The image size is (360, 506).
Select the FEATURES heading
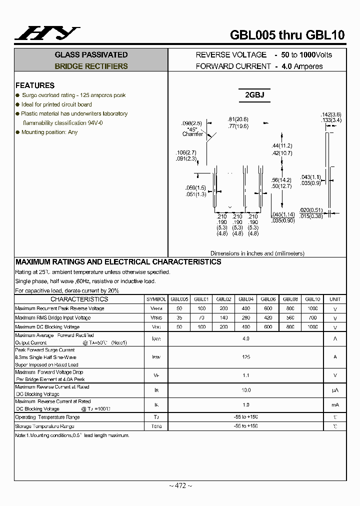(34, 85)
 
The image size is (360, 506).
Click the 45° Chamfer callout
(192, 131)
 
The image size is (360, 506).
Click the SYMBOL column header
(156, 299)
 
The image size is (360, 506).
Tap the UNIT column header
(335, 299)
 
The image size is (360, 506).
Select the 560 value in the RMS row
(290, 317)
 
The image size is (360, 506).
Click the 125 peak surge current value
(245, 357)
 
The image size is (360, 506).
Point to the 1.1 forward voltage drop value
(245, 375)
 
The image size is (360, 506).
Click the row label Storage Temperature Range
(44, 426)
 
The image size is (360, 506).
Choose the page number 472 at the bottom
(180, 485)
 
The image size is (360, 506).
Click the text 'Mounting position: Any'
(49, 132)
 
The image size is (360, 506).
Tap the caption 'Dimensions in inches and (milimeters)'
(257, 253)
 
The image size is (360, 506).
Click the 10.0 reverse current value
(245, 390)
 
